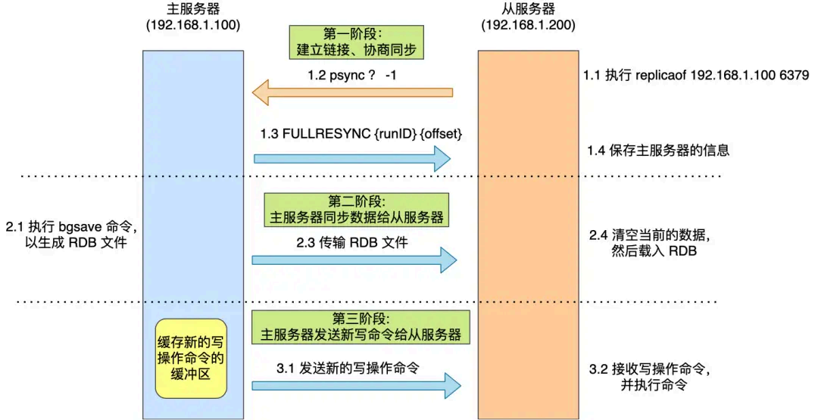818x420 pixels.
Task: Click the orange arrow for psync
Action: pyautogui.click(x=353, y=93)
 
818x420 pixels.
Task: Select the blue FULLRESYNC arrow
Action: pyautogui.click(x=352, y=158)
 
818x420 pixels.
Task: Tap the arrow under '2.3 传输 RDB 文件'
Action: pyautogui.click(x=354, y=260)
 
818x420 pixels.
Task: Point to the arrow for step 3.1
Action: pyautogui.click(x=356, y=386)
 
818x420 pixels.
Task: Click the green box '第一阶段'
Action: pyautogui.click(x=356, y=42)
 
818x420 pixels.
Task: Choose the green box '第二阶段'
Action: pyautogui.click(x=356, y=210)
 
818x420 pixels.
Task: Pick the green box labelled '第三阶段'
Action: pyautogui.click(x=361, y=327)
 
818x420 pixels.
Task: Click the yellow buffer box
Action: pyautogui.click(x=191, y=359)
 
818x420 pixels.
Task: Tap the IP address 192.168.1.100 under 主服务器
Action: pyautogui.click(x=193, y=25)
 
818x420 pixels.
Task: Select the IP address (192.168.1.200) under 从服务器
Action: pyautogui.click(x=528, y=25)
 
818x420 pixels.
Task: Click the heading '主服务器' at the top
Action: pyautogui.click(x=193, y=9)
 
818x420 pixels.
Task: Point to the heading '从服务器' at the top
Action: pyautogui.click(x=528, y=9)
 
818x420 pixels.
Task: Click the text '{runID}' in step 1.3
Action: pyautogui.click(x=395, y=134)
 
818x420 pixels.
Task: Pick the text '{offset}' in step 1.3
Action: pyautogui.click(x=441, y=134)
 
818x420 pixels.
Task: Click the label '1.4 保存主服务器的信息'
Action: pyautogui.click(x=658, y=151)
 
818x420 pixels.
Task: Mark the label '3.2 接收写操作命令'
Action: pyautogui.click(x=650, y=369)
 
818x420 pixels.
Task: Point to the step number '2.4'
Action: pyautogui.click(x=598, y=235)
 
